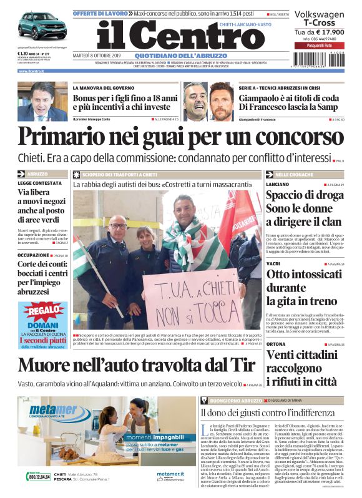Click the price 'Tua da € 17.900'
pyautogui.click(x=319, y=32)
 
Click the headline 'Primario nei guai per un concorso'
pyautogui.click(x=182, y=137)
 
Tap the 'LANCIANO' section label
pyautogui.click(x=277, y=185)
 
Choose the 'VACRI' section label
pyautogui.click(x=273, y=264)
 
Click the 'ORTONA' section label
pyautogui.click(x=275, y=344)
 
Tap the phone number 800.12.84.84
pyautogui.click(x=39, y=477)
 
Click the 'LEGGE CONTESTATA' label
pyautogui.click(x=39, y=183)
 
